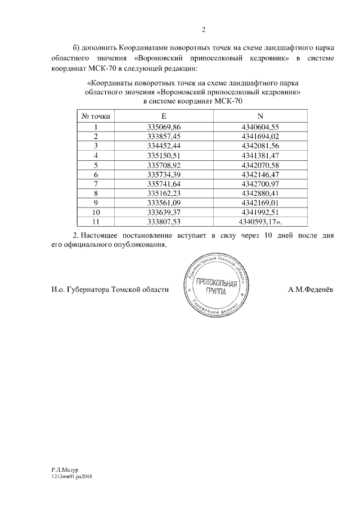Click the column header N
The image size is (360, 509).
pos(260,116)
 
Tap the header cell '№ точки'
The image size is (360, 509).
pos(96,116)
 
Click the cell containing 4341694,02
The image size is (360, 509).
pos(260,137)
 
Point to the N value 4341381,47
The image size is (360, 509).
pos(260,155)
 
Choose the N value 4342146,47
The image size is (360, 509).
pos(260,175)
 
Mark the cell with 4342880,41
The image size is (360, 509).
pos(260,193)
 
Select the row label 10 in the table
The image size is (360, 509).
pos(96,213)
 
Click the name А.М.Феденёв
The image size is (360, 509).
pos(310,290)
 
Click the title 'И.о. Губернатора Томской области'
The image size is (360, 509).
pos(109,290)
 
